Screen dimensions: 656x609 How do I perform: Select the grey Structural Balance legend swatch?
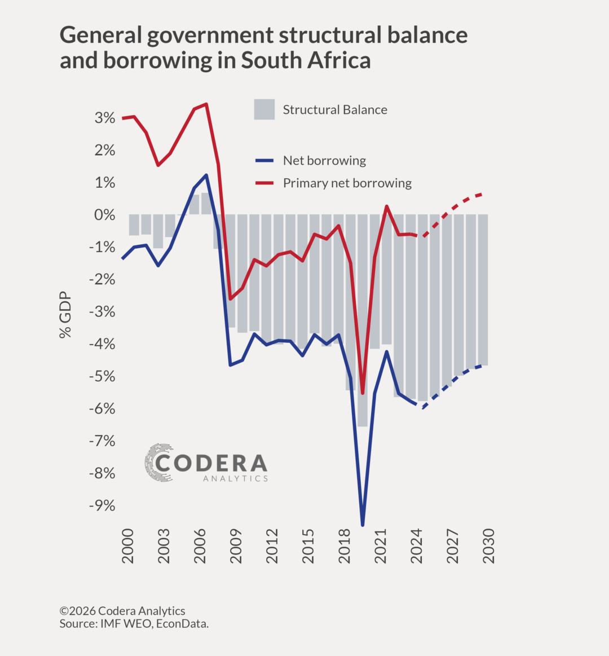264,109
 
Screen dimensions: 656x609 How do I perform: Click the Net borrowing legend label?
324,161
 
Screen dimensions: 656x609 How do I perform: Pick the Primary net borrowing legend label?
347,183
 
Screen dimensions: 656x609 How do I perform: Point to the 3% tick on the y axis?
105,118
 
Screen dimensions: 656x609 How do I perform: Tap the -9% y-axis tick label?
102,505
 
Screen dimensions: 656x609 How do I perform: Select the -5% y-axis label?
102,376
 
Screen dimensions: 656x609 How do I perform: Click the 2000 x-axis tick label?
128,545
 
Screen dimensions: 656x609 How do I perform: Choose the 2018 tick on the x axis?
345,545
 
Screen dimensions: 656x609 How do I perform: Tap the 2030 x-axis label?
489,545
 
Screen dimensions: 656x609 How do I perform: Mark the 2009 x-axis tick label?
236,545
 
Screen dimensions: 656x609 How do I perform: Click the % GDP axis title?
65,315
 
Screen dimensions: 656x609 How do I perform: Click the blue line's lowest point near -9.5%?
363,525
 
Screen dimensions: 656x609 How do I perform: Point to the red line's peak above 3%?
206,104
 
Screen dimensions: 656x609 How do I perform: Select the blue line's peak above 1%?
206,175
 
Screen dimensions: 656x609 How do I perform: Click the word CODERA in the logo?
211,463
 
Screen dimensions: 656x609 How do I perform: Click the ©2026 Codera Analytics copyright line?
122,611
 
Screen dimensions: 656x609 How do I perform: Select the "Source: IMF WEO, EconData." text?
134,624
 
